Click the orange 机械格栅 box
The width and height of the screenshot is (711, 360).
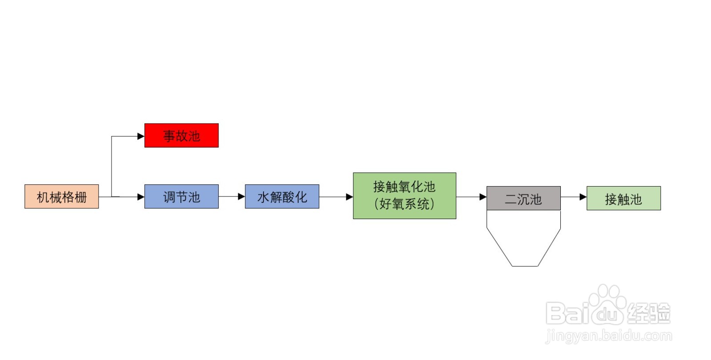[62, 196]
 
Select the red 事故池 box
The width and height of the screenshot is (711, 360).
[182, 136]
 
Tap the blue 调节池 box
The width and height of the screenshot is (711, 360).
[182, 196]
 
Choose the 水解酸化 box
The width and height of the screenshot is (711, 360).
[282, 196]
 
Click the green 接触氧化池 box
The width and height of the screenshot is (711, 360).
[405, 196]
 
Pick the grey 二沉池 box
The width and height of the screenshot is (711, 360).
[524, 198]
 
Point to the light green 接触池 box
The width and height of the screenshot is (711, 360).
[624, 198]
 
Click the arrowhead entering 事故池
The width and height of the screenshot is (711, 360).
[141, 136]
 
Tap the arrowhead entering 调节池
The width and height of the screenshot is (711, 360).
[141, 197]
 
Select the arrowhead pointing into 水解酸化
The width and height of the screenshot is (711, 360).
[242, 196]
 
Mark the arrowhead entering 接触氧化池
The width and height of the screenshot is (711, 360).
[350, 197]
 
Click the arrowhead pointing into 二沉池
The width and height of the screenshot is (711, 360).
[483, 197]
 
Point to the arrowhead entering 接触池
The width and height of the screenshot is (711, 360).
[583, 197]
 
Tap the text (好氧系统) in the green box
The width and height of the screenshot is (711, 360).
[404, 204]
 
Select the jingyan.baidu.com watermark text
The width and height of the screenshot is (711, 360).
[609, 336]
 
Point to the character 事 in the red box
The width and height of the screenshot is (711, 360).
[169, 136]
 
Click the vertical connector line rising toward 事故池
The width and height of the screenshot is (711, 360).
[112, 166]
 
